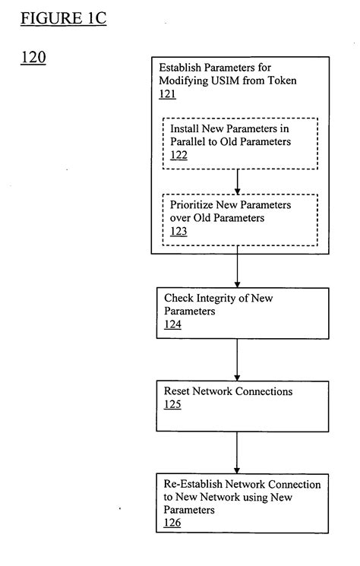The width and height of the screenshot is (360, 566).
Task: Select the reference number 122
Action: point(179,154)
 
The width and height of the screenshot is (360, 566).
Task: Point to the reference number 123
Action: point(179,232)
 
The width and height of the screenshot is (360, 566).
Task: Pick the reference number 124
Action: point(172,324)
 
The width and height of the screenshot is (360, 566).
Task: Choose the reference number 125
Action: point(172,405)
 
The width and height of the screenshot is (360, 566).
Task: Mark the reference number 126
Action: point(172,523)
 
